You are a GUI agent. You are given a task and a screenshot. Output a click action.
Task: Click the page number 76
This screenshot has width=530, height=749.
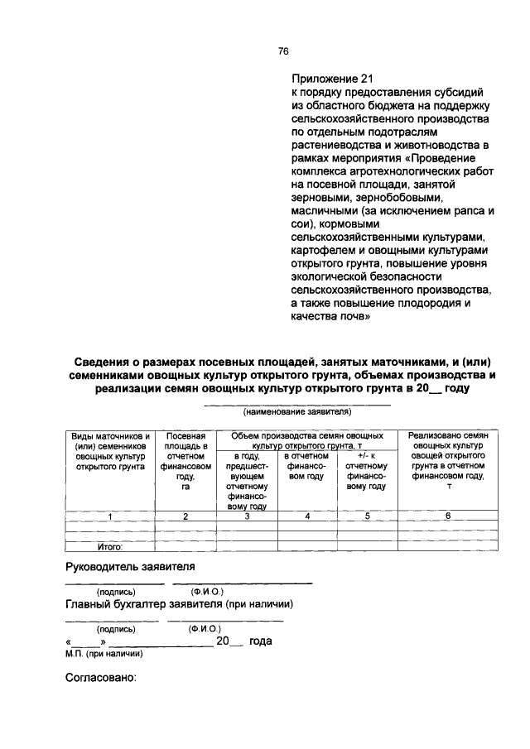(x=282, y=51)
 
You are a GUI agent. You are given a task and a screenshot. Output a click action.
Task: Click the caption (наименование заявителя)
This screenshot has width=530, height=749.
(x=297, y=411)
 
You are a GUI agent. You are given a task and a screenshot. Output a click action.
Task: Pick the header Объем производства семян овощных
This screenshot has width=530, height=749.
(x=307, y=435)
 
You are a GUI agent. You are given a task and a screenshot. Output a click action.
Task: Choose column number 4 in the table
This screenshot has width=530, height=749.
(x=307, y=516)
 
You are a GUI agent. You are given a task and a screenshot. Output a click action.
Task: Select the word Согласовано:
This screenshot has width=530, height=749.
(x=99, y=678)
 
